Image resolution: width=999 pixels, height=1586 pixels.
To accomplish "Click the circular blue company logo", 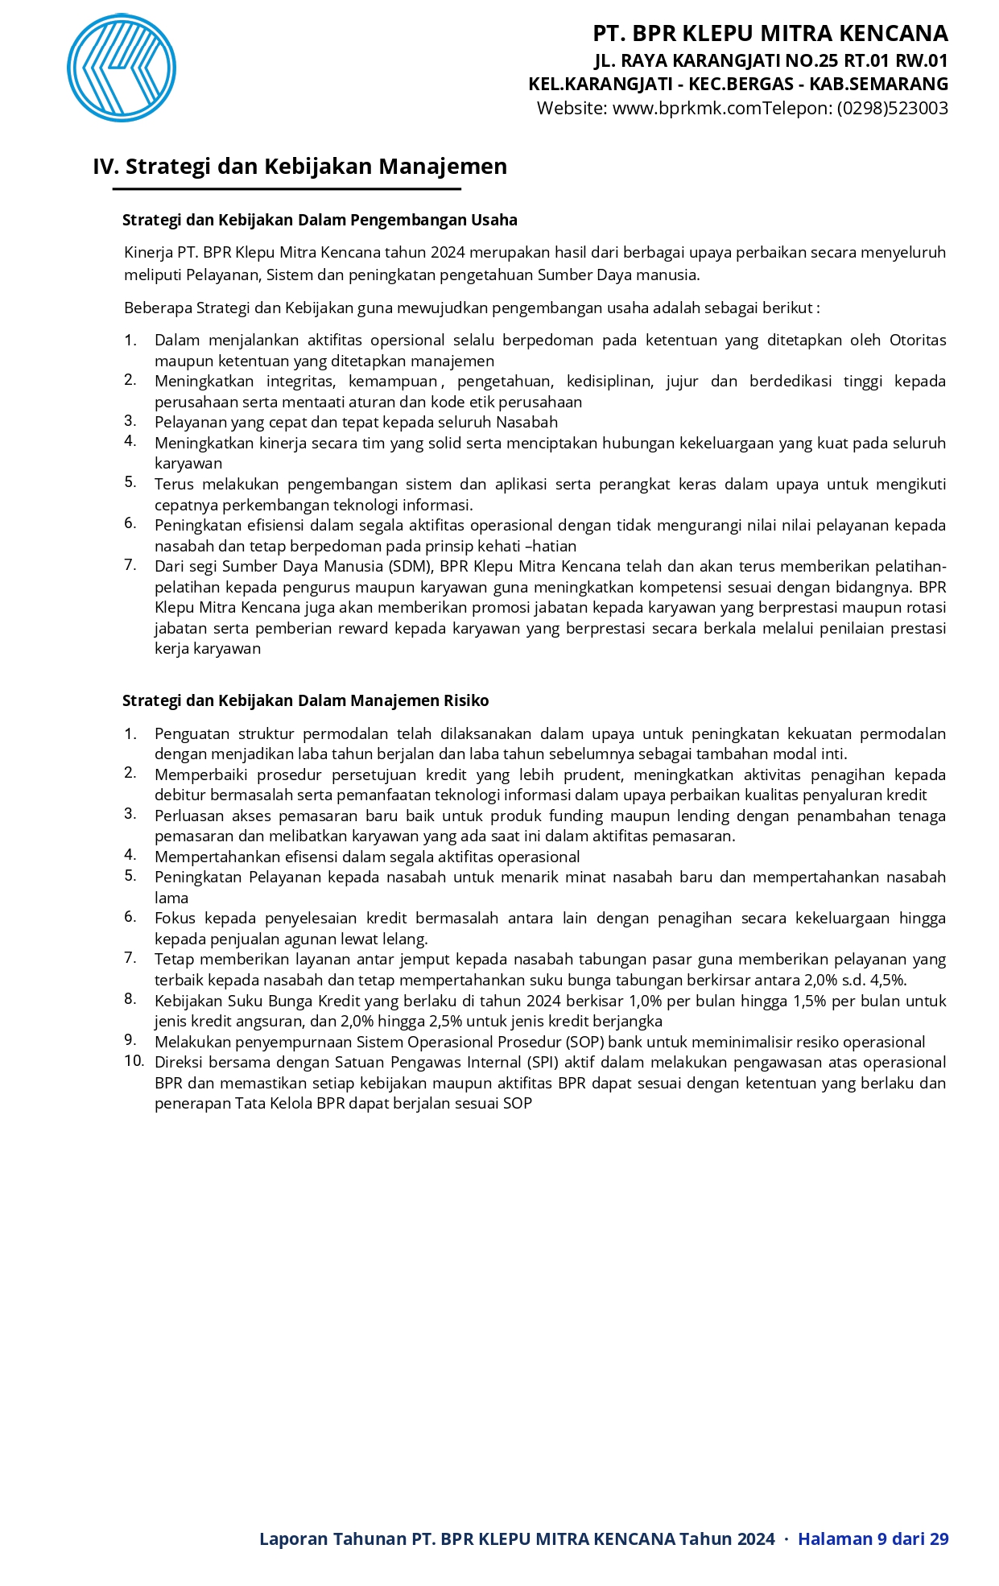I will (122, 68).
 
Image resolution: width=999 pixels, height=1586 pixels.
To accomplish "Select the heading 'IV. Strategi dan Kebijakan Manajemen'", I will (299, 167).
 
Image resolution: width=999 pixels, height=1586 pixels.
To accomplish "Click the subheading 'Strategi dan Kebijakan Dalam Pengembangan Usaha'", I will (320, 220).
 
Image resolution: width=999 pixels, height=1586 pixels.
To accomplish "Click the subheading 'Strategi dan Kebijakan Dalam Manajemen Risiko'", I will (305, 700).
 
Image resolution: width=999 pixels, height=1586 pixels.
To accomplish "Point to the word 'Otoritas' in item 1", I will (917, 340).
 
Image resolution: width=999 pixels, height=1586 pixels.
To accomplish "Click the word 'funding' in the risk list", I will (576, 816).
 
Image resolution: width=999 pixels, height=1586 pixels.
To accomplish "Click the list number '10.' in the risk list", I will (134, 1061).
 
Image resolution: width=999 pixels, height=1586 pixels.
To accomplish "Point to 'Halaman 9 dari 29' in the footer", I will (873, 1539).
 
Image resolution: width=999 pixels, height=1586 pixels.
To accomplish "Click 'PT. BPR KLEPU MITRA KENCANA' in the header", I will (770, 34).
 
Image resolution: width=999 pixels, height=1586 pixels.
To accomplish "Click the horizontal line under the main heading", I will (287, 189).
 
